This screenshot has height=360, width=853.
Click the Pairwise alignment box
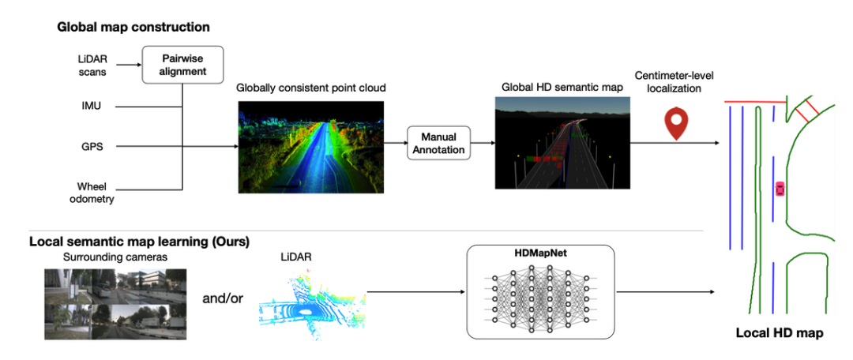coord(182,63)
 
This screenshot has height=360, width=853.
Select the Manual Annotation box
coord(438,142)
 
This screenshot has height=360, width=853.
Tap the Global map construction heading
coord(133,27)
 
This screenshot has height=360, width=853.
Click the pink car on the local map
coord(780,189)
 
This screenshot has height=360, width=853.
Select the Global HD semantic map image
coord(562,143)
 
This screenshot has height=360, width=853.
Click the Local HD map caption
coord(779,333)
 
